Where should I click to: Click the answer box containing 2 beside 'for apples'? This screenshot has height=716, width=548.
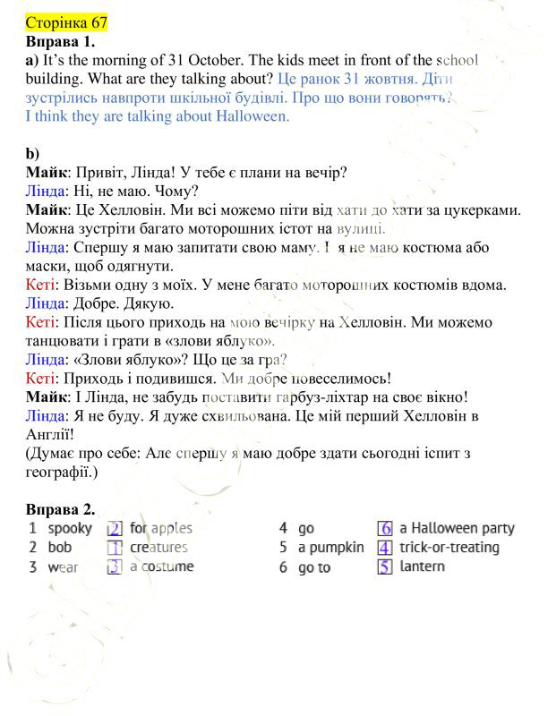[115, 529]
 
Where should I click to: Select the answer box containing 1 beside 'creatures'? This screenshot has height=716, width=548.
[115, 548]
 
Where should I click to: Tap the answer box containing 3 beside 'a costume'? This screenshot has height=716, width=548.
[115, 567]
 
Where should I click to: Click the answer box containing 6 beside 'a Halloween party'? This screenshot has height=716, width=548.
[385, 529]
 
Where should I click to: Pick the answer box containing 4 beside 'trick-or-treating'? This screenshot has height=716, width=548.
[385, 548]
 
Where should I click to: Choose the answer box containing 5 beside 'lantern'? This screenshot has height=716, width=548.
[385, 567]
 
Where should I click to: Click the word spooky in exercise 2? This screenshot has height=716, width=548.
[70, 529]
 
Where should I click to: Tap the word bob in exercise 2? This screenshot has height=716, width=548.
[60, 548]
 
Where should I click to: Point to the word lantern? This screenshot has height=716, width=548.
[422, 567]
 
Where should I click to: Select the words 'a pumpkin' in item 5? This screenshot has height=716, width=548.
[331, 548]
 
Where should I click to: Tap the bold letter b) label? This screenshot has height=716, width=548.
[32, 154]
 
